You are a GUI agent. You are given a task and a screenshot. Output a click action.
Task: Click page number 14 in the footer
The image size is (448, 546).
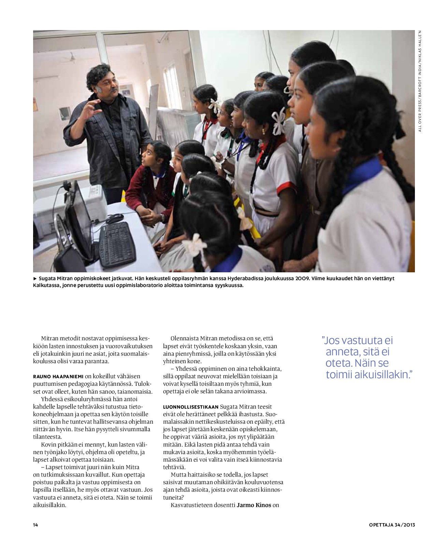[x=35, y=525]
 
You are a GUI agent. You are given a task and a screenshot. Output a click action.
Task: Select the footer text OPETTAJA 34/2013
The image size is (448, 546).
[x=392, y=525]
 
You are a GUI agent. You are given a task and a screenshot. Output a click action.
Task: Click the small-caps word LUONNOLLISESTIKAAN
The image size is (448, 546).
[x=191, y=407]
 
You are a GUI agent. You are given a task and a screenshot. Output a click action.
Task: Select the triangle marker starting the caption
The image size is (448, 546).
[x=35, y=278]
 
